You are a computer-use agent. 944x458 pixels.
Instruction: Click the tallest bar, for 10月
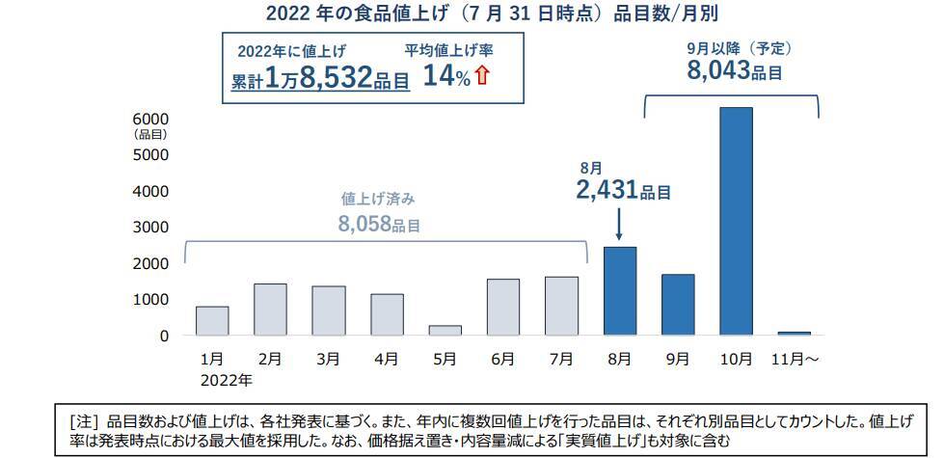point(736,221)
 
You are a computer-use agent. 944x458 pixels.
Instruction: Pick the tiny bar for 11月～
point(795,333)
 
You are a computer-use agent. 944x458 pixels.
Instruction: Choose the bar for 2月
point(270,310)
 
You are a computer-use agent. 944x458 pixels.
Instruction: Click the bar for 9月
point(678,305)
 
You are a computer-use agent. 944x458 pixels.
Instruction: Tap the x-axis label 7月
point(561,359)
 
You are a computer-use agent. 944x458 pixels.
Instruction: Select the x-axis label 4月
point(387,359)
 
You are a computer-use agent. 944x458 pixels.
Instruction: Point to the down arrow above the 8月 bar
point(619,224)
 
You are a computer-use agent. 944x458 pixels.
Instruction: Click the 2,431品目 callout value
point(623,190)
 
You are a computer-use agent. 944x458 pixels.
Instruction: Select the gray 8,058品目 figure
point(380,225)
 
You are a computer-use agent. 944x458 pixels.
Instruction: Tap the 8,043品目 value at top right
point(734,69)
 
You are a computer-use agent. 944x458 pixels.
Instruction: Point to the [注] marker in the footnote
point(85,420)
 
